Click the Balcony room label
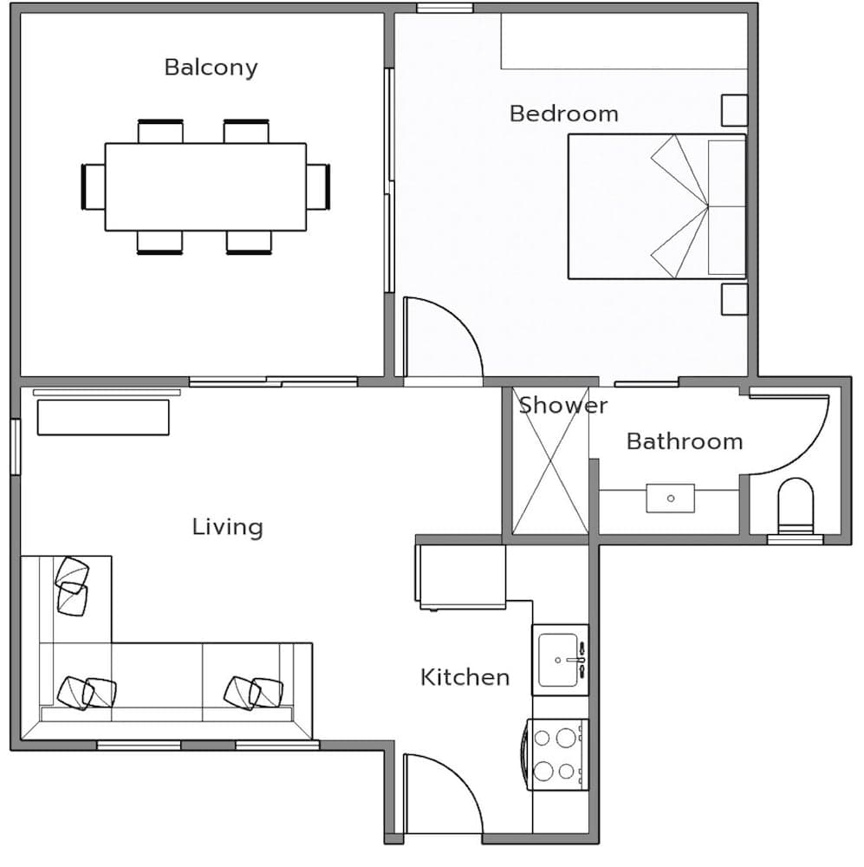coord(211,68)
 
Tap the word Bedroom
coord(563,114)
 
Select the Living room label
coord(227,527)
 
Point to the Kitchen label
coord(464,677)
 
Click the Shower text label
coord(563,406)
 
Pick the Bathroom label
coord(684,441)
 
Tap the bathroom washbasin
coord(670,499)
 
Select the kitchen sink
coord(561,660)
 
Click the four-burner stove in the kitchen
coord(556,753)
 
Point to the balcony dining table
coord(205,186)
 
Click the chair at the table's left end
coord(93,186)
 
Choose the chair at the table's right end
coord(318,186)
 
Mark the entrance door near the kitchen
coord(442,793)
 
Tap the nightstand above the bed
coord(734,109)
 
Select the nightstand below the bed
coord(734,298)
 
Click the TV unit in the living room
coord(103,417)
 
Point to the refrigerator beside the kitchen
coord(461,576)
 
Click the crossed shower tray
coord(550,464)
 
